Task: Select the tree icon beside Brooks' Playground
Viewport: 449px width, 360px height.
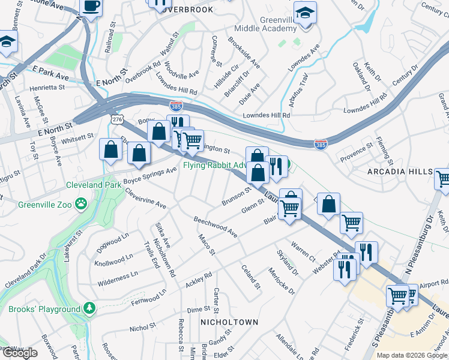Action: [x=89, y=308]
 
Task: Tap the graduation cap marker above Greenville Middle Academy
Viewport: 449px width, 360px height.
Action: [x=305, y=13]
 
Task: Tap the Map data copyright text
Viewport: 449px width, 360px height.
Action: [x=412, y=355]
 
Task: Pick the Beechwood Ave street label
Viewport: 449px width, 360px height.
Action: [x=215, y=227]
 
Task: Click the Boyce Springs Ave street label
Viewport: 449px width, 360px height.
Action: [x=150, y=175]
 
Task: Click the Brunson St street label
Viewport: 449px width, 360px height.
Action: [x=236, y=196]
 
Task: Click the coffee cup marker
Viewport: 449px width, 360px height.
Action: [x=91, y=7]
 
